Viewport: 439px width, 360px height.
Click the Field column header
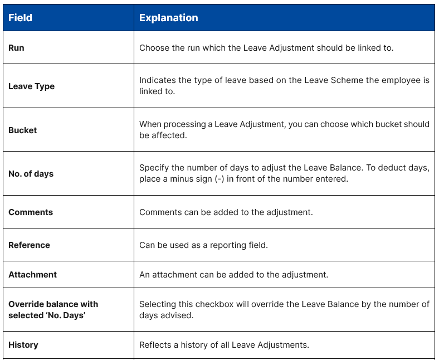(20, 18)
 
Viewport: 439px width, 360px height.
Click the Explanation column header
(168, 18)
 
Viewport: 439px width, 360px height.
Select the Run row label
(16, 48)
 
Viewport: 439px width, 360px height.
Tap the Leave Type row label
(31, 86)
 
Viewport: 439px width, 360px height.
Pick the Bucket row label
(22, 130)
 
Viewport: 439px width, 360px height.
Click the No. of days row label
(31, 174)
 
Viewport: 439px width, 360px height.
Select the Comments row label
(31, 212)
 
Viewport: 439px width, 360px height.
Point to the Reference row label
(29, 245)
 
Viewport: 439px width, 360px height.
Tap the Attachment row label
(32, 275)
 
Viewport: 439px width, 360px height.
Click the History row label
(23, 345)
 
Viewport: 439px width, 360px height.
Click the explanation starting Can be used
(203, 245)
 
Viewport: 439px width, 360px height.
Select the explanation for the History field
(224, 345)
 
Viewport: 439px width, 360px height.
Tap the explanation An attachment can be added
(233, 275)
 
